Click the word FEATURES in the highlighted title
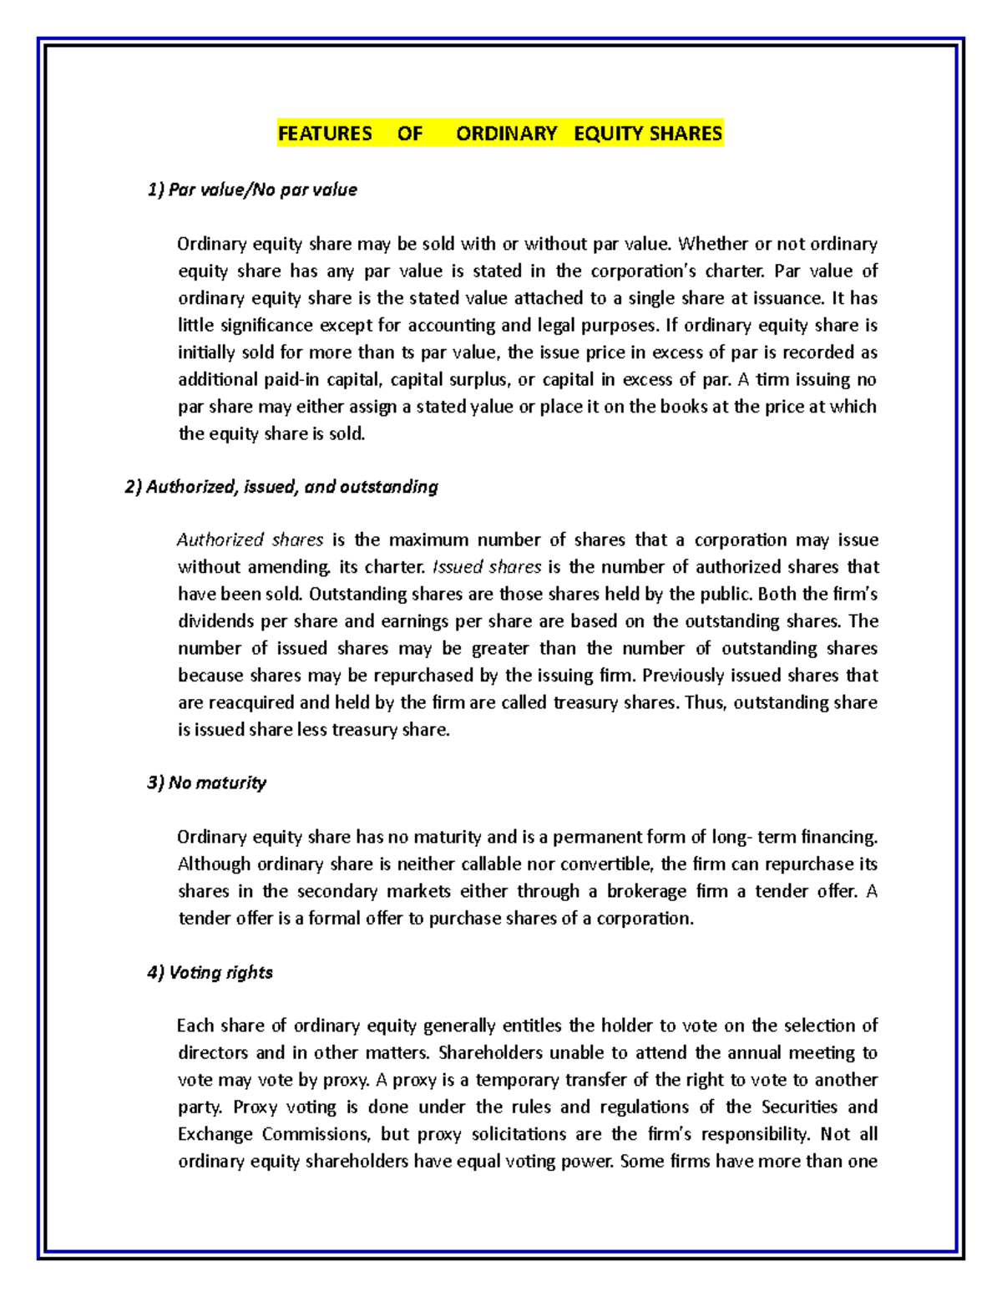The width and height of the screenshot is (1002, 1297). click(325, 134)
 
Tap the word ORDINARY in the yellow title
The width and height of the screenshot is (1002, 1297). click(506, 134)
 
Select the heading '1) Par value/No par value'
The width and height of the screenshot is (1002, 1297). click(252, 190)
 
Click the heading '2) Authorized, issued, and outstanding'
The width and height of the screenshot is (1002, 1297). click(281, 487)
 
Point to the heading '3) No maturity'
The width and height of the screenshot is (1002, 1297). click(206, 783)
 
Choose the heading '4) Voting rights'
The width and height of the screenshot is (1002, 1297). click(210, 973)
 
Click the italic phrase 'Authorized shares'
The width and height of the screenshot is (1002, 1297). click(250, 540)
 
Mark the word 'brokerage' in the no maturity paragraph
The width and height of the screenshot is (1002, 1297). click(646, 891)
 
